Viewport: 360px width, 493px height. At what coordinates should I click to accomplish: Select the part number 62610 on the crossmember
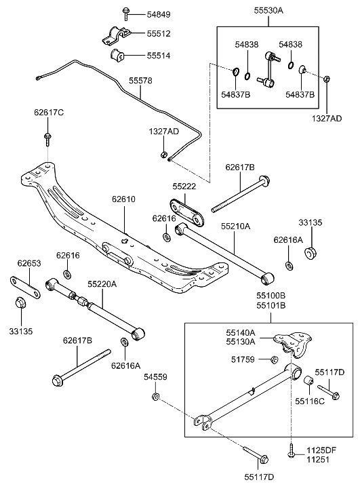pos(126,200)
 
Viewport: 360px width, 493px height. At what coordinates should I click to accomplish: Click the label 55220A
pos(102,285)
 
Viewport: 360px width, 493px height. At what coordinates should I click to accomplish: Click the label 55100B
pos(271,296)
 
